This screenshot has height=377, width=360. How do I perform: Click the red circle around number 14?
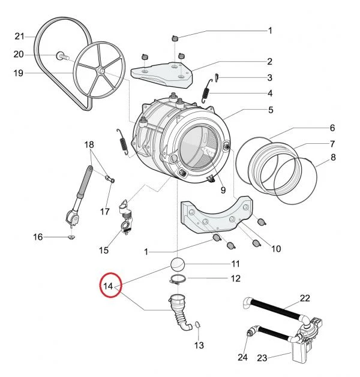[x=110, y=287]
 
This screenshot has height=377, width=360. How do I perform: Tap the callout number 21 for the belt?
[x=19, y=36]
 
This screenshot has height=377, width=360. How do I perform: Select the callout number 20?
[x=19, y=55]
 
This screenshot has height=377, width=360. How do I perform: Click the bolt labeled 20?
[x=62, y=56]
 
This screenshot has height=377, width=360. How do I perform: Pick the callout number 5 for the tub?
[x=271, y=110]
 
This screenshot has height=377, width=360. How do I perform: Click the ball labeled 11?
[x=179, y=264]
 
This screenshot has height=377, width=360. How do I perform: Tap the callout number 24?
[x=242, y=357]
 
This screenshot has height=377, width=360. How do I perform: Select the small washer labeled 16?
[x=71, y=237]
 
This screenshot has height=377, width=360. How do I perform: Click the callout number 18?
[x=89, y=145]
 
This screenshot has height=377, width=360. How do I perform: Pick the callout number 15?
[x=104, y=250]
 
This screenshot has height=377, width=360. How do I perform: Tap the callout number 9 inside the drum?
[x=223, y=191]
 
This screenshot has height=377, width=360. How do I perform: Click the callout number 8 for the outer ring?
[x=332, y=158]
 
